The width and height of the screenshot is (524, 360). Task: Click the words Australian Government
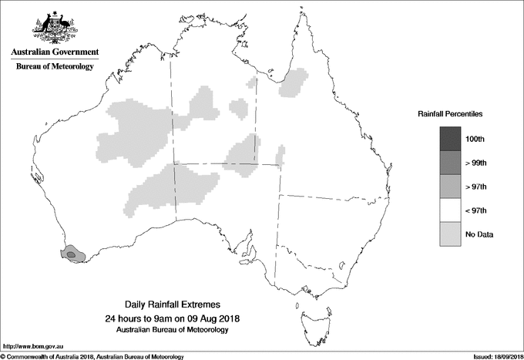coord(54,52)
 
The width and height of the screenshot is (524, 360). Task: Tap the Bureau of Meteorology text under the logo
coord(54,67)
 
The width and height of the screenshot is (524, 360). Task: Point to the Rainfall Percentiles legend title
coord(450,113)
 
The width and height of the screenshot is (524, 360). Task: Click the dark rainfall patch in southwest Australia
coord(71,253)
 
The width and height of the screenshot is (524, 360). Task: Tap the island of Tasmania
coord(310,317)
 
